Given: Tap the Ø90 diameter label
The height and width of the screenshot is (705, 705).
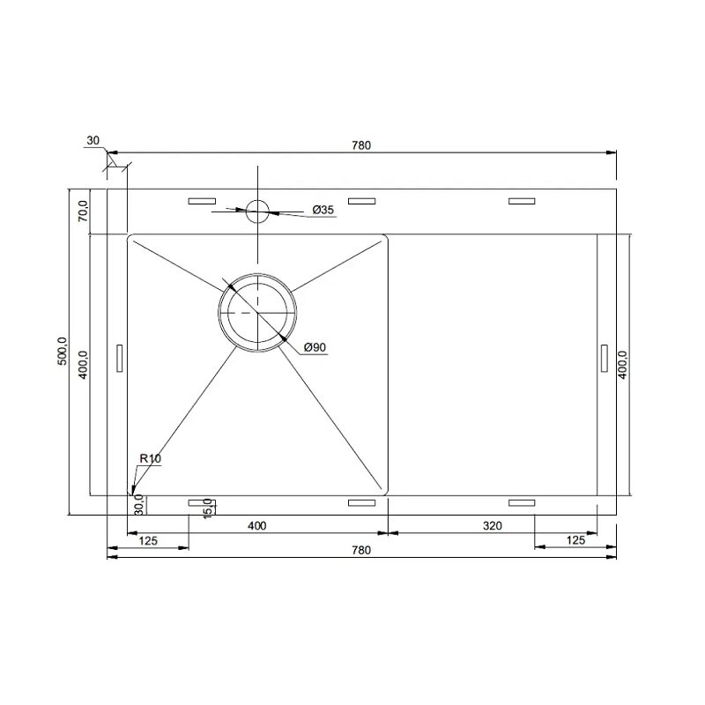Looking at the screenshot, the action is pyautogui.click(x=315, y=347).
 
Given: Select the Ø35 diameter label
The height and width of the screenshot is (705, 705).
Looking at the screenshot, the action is pyautogui.click(x=323, y=210).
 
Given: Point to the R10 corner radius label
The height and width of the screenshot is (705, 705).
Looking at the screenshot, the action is pyautogui.click(x=150, y=458).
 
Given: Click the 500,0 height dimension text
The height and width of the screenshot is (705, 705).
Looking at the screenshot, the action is pyautogui.click(x=62, y=351).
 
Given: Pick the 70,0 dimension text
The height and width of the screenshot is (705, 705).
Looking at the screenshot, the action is pyautogui.click(x=83, y=211).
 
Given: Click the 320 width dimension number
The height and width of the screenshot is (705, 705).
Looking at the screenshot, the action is pyautogui.click(x=493, y=525).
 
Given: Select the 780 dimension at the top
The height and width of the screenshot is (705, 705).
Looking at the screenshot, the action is pyautogui.click(x=361, y=145).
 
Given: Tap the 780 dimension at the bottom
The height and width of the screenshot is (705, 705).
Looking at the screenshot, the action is pyautogui.click(x=361, y=550).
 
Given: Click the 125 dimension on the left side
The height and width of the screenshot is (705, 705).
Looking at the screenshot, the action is pyautogui.click(x=148, y=540).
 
